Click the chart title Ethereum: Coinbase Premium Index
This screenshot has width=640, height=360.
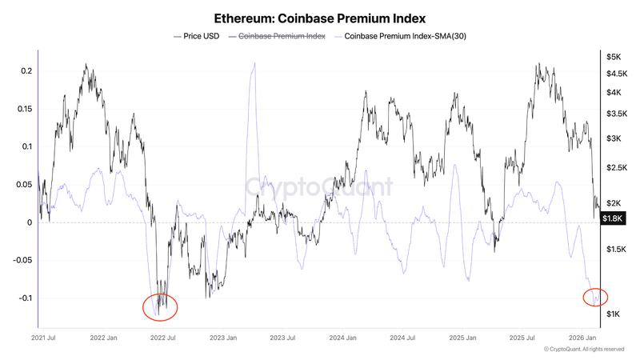(320, 17)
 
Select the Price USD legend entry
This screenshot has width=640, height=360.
(198, 36)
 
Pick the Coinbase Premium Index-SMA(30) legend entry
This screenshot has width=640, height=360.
(400, 36)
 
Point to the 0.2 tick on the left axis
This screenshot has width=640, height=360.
(26, 71)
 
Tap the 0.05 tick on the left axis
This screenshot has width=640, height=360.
(24, 185)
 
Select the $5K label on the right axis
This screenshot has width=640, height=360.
(614, 57)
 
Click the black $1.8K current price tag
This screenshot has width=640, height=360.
(614, 218)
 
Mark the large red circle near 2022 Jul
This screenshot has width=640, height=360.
(160, 306)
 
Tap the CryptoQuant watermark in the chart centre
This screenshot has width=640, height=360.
(318, 187)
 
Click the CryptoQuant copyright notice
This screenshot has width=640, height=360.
(584, 350)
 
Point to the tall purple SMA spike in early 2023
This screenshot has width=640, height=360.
(253, 68)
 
